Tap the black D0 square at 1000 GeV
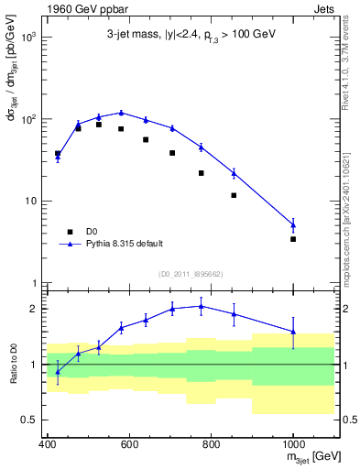coord(293,239)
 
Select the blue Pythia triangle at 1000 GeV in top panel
coord(293,224)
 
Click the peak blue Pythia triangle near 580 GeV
coord(121,113)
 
